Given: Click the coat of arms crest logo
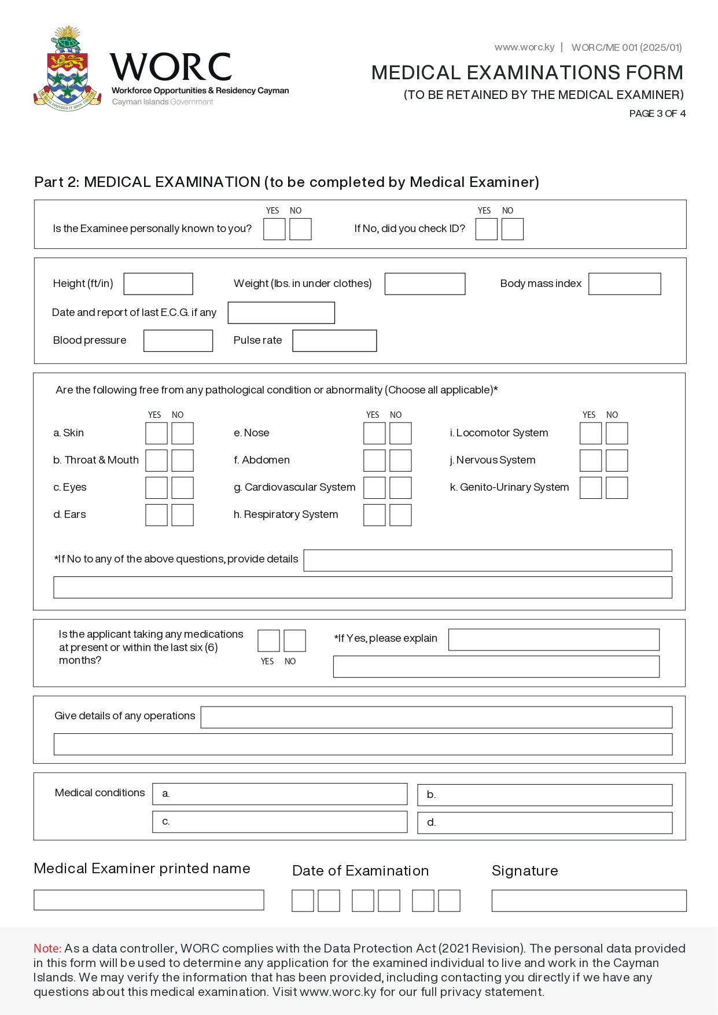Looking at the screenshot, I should point(68,69).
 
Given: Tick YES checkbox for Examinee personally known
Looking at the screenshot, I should point(274,229).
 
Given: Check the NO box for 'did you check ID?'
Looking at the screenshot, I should point(512,229).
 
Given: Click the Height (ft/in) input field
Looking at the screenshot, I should point(158,284).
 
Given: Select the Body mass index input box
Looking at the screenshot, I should point(624,284).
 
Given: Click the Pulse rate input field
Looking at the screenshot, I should point(334,341).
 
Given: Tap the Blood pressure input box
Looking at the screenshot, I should point(178,341).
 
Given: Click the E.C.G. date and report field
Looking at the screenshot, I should point(281,313).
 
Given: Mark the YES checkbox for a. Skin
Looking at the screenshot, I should point(156,433).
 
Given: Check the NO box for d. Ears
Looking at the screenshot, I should point(182,515).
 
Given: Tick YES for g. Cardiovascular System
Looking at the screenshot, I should point(374,488).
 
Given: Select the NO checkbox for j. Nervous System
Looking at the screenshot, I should point(617,461).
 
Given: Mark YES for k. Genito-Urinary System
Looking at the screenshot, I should point(591,488).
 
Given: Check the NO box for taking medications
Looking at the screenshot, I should point(294,641).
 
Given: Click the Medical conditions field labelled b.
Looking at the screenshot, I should point(545,795).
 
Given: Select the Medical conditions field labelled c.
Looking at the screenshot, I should point(280,822).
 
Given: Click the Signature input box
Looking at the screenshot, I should point(589,901).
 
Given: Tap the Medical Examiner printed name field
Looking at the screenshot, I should point(149,900).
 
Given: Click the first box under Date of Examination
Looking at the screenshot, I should point(303,901).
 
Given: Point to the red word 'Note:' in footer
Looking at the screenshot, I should point(47,948).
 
